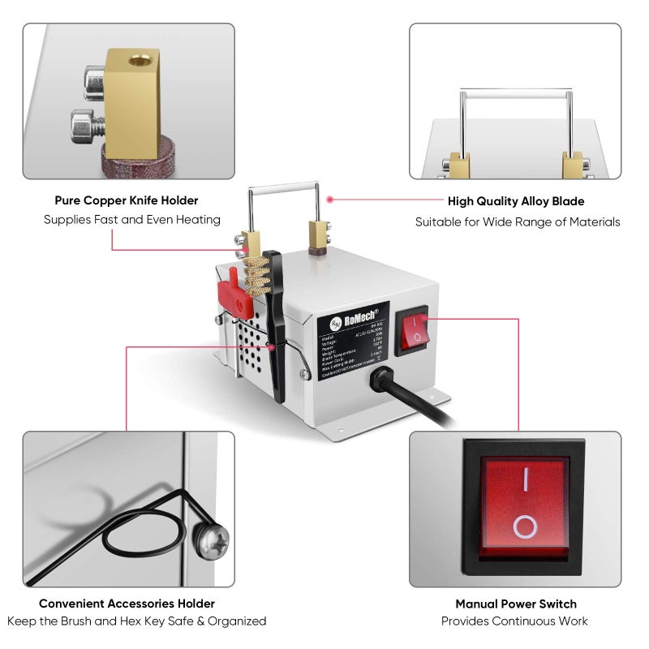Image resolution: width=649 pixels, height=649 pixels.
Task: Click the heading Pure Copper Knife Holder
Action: [127, 200]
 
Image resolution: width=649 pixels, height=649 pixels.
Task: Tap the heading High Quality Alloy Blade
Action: [516, 201]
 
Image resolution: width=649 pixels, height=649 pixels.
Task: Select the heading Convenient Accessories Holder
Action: [127, 604]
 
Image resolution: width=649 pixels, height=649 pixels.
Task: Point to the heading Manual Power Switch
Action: [516, 604]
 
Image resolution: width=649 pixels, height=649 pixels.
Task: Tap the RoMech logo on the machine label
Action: [354, 318]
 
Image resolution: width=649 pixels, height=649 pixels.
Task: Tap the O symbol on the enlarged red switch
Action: [525, 528]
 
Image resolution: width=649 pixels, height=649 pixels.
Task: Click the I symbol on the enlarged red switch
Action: [525, 480]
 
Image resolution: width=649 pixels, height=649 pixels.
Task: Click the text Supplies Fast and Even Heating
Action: [131, 220]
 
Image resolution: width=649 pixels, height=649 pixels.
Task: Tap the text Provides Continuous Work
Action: [514, 621]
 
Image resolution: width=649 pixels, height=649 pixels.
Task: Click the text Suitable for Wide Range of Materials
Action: [518, 221]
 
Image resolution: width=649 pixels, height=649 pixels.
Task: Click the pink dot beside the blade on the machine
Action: [329, 199]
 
